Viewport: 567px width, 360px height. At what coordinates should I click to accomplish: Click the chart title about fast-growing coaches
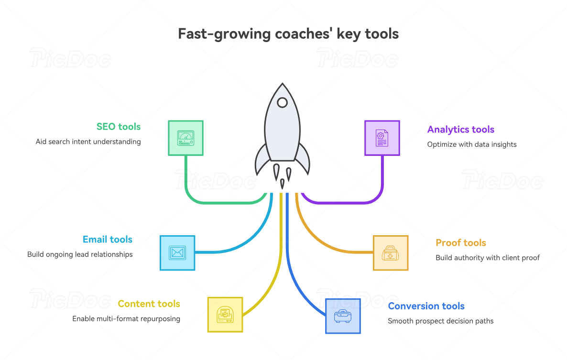[x=288, y=34]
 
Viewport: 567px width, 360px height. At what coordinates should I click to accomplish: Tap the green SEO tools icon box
[x=185, y=138]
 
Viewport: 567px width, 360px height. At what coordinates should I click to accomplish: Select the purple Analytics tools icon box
[x=382, y=138]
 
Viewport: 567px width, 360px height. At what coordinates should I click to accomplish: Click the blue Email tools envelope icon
[x=177, y=252]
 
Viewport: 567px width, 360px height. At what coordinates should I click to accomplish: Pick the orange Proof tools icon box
[x=390, y=253]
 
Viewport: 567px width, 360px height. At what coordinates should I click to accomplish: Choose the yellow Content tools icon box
[x=225, y=314]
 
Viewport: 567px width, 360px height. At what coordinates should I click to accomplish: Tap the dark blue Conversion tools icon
[x=343, y=316]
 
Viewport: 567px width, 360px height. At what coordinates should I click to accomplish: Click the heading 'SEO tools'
[x=119, y=127]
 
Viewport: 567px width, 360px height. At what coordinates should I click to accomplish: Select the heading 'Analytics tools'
[x=460, y=130]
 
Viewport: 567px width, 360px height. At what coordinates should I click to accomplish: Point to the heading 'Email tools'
[x=107, y=240]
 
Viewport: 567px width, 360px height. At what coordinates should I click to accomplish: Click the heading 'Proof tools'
[x=460, y=243]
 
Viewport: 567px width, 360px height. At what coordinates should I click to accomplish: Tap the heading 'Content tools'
[x=149, y=304]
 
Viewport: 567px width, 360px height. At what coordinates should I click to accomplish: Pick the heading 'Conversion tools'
[x=426, y=306]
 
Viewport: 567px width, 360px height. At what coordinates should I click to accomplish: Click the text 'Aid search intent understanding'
[x=88, y=142]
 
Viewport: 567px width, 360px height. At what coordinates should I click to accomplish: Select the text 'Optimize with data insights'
[x=471, y=144]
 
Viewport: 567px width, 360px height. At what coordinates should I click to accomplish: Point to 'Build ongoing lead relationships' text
[x=80, y=254]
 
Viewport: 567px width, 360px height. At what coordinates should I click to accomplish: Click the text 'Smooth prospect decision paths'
[x=440, y=321]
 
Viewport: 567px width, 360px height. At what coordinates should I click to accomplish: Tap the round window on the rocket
[x=283, y=102]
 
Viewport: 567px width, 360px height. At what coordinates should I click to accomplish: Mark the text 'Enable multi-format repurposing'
[x=126, y=318]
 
